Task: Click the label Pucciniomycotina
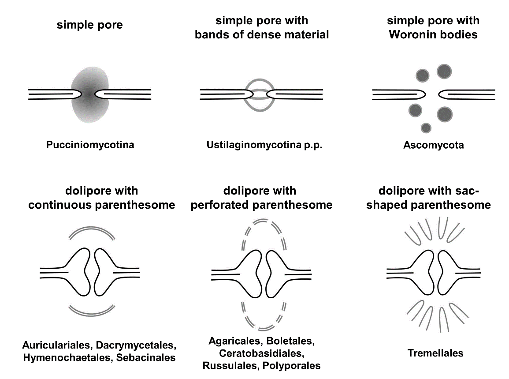point(90,145)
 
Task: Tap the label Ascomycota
point(434,145)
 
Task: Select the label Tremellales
point(435,353)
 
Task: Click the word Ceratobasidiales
point(261,353)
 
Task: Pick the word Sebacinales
point(146,357)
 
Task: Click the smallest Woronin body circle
point(426,128)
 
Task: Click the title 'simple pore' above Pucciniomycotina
point(90,25)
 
